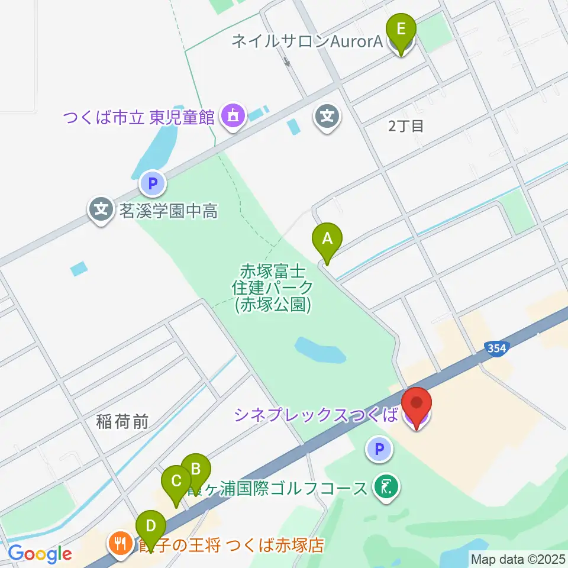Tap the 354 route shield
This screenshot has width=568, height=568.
(x=497, y=348)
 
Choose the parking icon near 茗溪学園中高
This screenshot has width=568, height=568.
(x=153, y=184)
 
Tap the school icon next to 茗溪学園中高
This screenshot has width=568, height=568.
(x=102, y=209)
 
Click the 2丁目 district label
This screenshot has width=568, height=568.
(x=406, y=125)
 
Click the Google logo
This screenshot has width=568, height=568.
(x=40, y=554)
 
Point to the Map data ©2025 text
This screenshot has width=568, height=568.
(x=518, y=559)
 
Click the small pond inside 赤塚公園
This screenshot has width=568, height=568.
(x=320, y=351)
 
